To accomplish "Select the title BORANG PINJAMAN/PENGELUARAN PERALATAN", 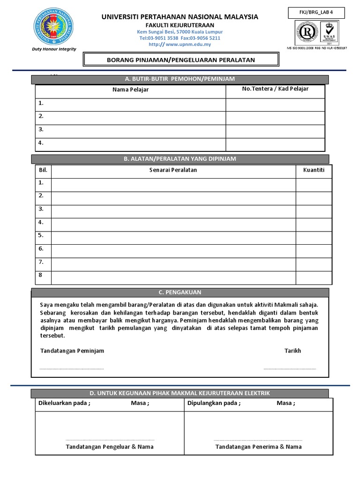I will tap(181, 60).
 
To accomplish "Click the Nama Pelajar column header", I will tap(131, 90).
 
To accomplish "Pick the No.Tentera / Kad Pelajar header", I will tap(275, 89).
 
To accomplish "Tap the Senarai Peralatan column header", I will tap(173, 170).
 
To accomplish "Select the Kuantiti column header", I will tap(314, 170).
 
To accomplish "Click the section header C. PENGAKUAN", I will tap(180, 292).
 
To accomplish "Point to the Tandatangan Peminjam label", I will tap(72, 351).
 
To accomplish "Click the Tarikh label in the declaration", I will tap(292, 351).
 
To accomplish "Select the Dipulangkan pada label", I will tap(214, 403).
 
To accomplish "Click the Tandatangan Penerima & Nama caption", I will tap(258, 447).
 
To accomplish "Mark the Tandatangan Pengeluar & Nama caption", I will tap(110, 447).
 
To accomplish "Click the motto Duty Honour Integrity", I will tap(54, 49).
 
